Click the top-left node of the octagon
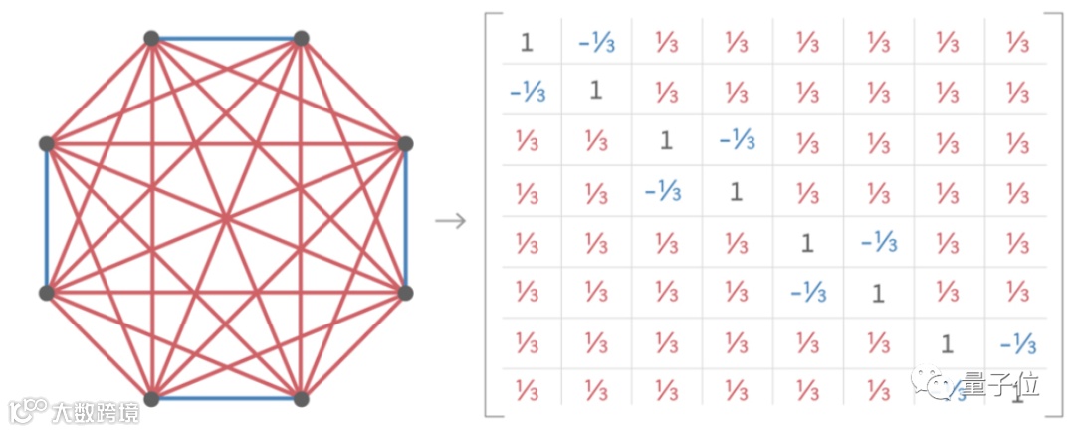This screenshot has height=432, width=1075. coord(151,39)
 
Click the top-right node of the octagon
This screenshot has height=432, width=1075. coord(301,39)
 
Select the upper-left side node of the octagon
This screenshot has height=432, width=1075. coord(46,144)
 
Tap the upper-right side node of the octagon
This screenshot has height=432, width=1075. coord(405,144)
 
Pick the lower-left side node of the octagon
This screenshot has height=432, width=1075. coord(46,293)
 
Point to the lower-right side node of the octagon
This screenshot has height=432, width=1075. coord(405,293)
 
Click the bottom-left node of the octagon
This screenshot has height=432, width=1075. coord(151,399)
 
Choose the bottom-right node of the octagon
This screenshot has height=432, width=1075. coord(301,399)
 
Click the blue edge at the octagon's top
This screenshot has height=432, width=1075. coord(226,39)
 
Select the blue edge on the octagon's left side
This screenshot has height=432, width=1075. coord(46,219)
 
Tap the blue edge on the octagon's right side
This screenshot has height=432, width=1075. coord(405,219)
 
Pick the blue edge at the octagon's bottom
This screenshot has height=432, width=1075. coord(226,399)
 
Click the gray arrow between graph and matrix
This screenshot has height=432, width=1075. coord(451,220)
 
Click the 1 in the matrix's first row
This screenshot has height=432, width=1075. coord(527,42)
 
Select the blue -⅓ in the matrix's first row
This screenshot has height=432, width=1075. coord(595,42)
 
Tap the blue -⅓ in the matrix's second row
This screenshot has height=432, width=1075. coord(527,91)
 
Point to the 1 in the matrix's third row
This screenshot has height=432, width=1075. coord(666,141)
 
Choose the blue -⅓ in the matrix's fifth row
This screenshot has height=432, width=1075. coord(877,242)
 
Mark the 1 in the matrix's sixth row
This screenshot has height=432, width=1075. coord(877,293)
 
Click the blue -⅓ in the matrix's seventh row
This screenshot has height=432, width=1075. coord(1017,344)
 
